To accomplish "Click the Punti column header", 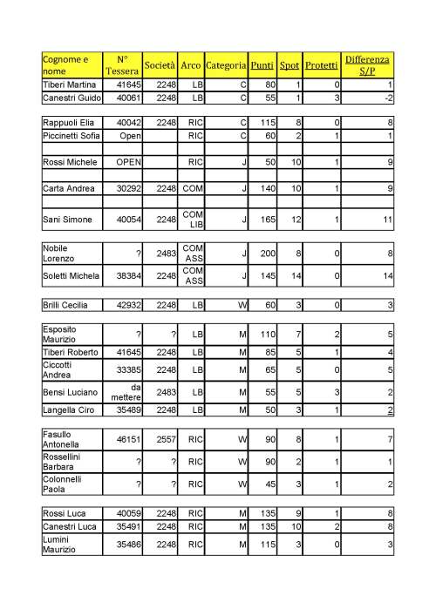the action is pyautogui.click(x=261, y=65).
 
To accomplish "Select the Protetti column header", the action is pyautogui.click(x=322, y=65).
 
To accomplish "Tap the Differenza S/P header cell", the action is pyautogui.click(x=367, y=65).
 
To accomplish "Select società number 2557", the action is pyautogui.click(x=165, y=443).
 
